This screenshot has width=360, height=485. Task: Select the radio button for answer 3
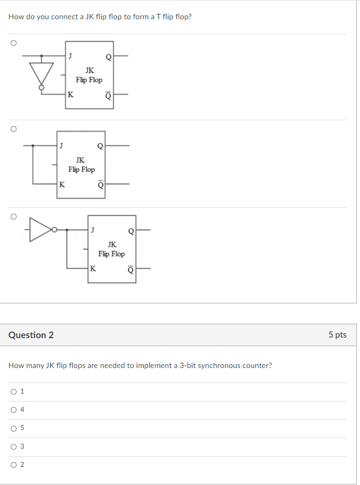(x=13, y=446)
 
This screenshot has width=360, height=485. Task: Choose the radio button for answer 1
(x=13, y=392)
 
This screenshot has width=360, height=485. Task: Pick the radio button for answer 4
(x=13, y=410)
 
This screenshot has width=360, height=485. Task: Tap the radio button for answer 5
(x=13, y=428)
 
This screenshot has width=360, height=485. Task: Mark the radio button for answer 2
(x=13, y=464)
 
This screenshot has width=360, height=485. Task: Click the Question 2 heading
(x=31, y=335)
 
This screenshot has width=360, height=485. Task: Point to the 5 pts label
(x=337, y=335)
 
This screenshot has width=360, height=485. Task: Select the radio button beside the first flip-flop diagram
(x=13, y=42)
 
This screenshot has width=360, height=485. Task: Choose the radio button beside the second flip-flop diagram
(x=13, y=129)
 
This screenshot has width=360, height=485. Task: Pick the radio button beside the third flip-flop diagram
(x=13, y=216)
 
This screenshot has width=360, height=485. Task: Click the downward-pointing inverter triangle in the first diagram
(x=42, y=72)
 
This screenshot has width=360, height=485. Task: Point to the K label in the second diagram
(x=62, y=185)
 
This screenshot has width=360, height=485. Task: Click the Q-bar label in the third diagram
(x=130, y=270)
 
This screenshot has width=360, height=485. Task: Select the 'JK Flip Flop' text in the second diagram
(x=81, y=165)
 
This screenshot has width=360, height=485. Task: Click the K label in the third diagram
(x=93, y=269)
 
